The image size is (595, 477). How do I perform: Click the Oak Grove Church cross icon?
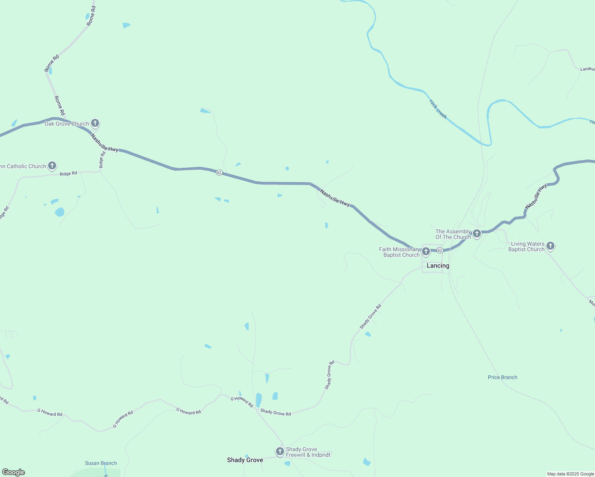[x=95, y=123]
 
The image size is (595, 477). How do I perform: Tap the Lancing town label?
[x=438, y=266]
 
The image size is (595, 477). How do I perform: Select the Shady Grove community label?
[x=245, y=460]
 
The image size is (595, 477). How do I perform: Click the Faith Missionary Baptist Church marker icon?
[x=426, y=251]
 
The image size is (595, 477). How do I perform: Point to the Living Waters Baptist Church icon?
[x=550, y=246]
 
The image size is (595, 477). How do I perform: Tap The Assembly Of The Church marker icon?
[x=477, y=233]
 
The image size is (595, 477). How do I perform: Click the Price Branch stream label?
[x=502, y=377]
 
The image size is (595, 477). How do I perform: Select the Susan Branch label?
[x=101, y=463]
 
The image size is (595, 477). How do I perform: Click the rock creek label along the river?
[x=438, y=109]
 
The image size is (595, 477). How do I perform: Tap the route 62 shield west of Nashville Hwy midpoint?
[x=219, y=172]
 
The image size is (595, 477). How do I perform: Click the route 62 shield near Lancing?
[x=440, y=250]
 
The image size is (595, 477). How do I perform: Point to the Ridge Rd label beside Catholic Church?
[x=68, y=174]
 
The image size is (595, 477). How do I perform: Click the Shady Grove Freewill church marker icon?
[x=280, y=451]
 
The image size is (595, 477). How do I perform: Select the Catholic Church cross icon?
[x=52, y=165]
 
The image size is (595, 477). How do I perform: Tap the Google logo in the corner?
[x=13, y=472]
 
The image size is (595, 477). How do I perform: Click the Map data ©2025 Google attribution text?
[x=570, y=474]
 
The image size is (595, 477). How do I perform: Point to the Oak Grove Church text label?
[x=67, y=124]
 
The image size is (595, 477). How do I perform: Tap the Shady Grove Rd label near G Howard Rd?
[x=276, y=413]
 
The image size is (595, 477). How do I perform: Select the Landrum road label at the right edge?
[x=587, y=69]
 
